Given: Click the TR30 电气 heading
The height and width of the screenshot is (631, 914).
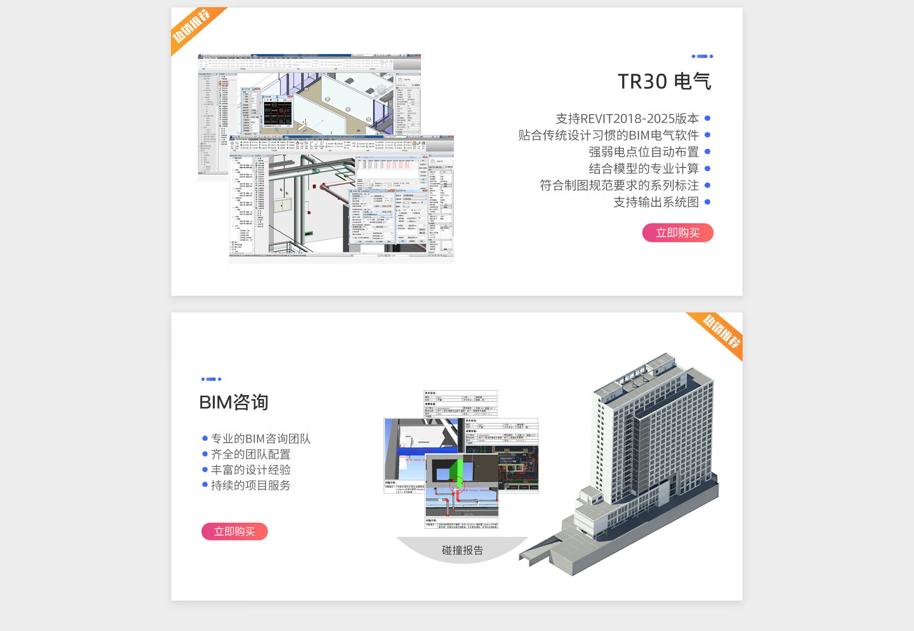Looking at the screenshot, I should click(x=664, y=81).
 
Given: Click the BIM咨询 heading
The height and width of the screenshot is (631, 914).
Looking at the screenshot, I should click(x=234, y=402).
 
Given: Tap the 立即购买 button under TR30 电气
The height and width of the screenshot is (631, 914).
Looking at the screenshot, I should click(x=677, y=233).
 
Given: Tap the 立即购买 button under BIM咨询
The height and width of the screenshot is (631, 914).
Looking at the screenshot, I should click(x=234, y=531).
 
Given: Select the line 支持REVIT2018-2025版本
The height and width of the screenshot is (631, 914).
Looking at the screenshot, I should click(x=627, y=118).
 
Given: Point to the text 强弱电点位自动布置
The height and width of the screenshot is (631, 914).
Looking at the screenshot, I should click(x=643, y=152).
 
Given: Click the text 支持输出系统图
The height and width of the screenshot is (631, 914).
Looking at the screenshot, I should click(x=656, y=202).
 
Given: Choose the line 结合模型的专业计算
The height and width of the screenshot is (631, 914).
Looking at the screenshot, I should click(x=643, y=168).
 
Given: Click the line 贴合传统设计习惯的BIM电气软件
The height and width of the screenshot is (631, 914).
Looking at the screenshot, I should click(x=608, y=135).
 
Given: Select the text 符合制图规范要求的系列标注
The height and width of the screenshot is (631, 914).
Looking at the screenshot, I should click(x=619, y=185).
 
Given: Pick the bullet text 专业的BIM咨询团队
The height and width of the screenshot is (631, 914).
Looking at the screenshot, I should click(x=260, y=438).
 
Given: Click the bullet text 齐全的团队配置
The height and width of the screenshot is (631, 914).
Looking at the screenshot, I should click(x=250, y=454).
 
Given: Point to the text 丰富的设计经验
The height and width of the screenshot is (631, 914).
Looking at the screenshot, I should click(x=250, y=470).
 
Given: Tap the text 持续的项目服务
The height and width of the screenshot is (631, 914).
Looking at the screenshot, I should click(x=250, y=485).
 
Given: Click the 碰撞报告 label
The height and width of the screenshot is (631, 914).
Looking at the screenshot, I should click(x=462, y=550).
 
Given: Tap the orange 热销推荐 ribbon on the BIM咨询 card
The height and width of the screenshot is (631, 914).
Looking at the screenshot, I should click(x=721, y=331).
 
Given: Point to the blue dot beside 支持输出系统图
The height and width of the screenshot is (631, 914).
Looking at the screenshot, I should click(x=707, y=202).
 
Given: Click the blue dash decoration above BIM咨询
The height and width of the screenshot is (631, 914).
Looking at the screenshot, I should click(x=211, y=379).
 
